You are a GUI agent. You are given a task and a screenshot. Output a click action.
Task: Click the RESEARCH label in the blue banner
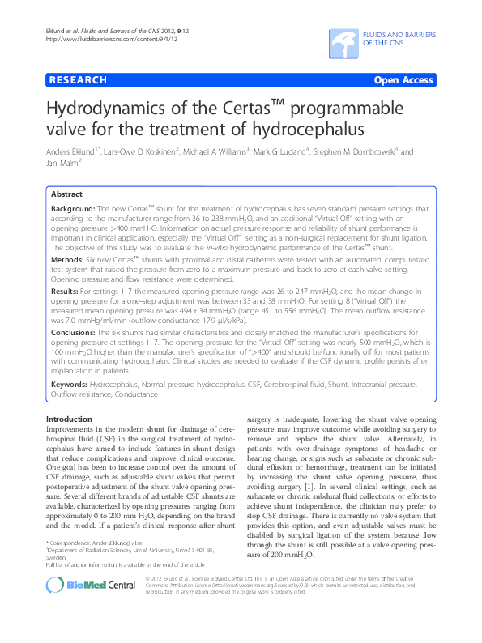(x=78, y=81)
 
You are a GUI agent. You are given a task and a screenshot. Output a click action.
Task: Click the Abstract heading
(x=66, y=194)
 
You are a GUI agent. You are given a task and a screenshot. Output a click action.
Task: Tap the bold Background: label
(x=75, y=209)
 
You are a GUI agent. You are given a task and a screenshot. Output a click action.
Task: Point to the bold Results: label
(x=67, y=290)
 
